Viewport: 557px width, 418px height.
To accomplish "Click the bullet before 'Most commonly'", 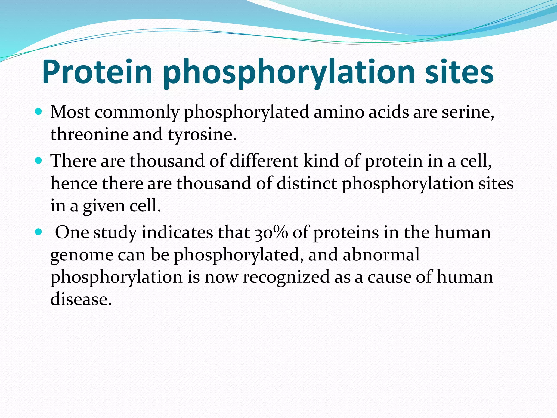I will (39, 112).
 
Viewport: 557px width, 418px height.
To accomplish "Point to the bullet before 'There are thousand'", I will (39, 161).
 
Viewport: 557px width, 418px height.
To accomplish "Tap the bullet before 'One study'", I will (39, 232).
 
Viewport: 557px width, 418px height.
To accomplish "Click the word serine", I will (468, 112).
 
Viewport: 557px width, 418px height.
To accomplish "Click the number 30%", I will (271, 233).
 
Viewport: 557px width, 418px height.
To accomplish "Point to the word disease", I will (81, 299).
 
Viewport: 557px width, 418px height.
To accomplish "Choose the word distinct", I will (307, 183).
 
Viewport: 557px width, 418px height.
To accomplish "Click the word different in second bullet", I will (264, 161).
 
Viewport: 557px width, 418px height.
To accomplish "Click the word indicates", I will (177, 233).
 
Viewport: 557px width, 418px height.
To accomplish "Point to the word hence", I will (74, 183).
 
